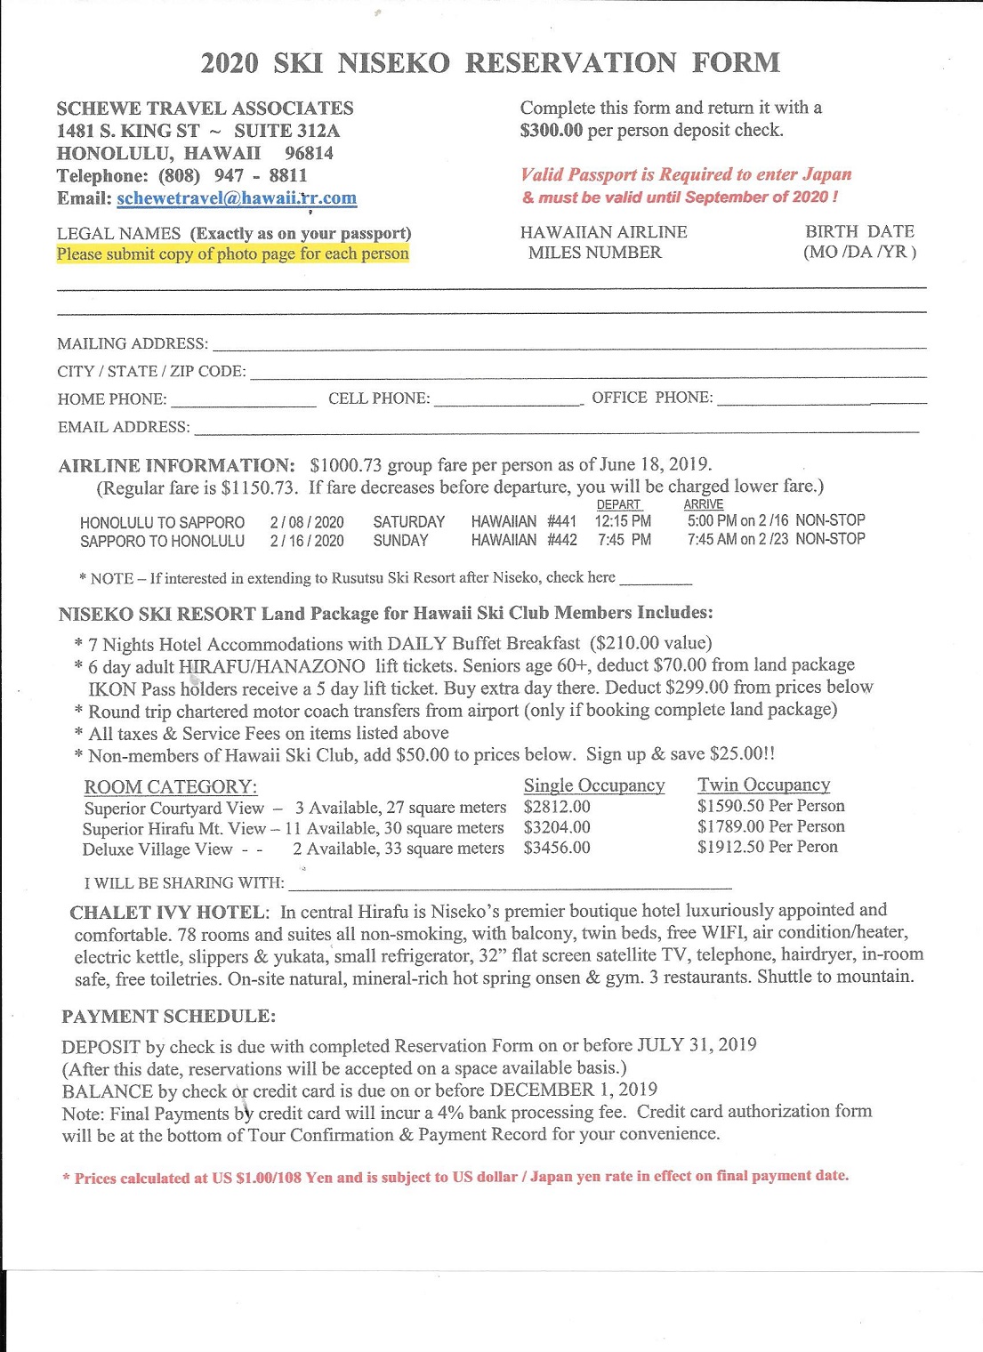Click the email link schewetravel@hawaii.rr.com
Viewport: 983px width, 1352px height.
coord(237,198)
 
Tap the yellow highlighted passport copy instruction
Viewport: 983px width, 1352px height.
coord(233,254)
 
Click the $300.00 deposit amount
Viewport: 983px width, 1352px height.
coord(552,131)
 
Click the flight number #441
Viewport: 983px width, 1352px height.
coord(561,521)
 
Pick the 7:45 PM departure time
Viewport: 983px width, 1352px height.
coord(624,540)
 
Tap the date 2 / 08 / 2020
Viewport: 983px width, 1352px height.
coord(307,522)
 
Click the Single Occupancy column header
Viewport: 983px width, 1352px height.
coord(594,785)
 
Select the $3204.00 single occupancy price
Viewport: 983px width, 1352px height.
coord(557,828)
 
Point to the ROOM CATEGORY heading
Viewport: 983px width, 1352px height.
coord(170,787)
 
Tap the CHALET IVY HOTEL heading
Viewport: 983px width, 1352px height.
coord(169,913)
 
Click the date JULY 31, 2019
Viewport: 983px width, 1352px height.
coord(697,1045)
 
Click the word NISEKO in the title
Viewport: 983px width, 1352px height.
coord(393,63)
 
